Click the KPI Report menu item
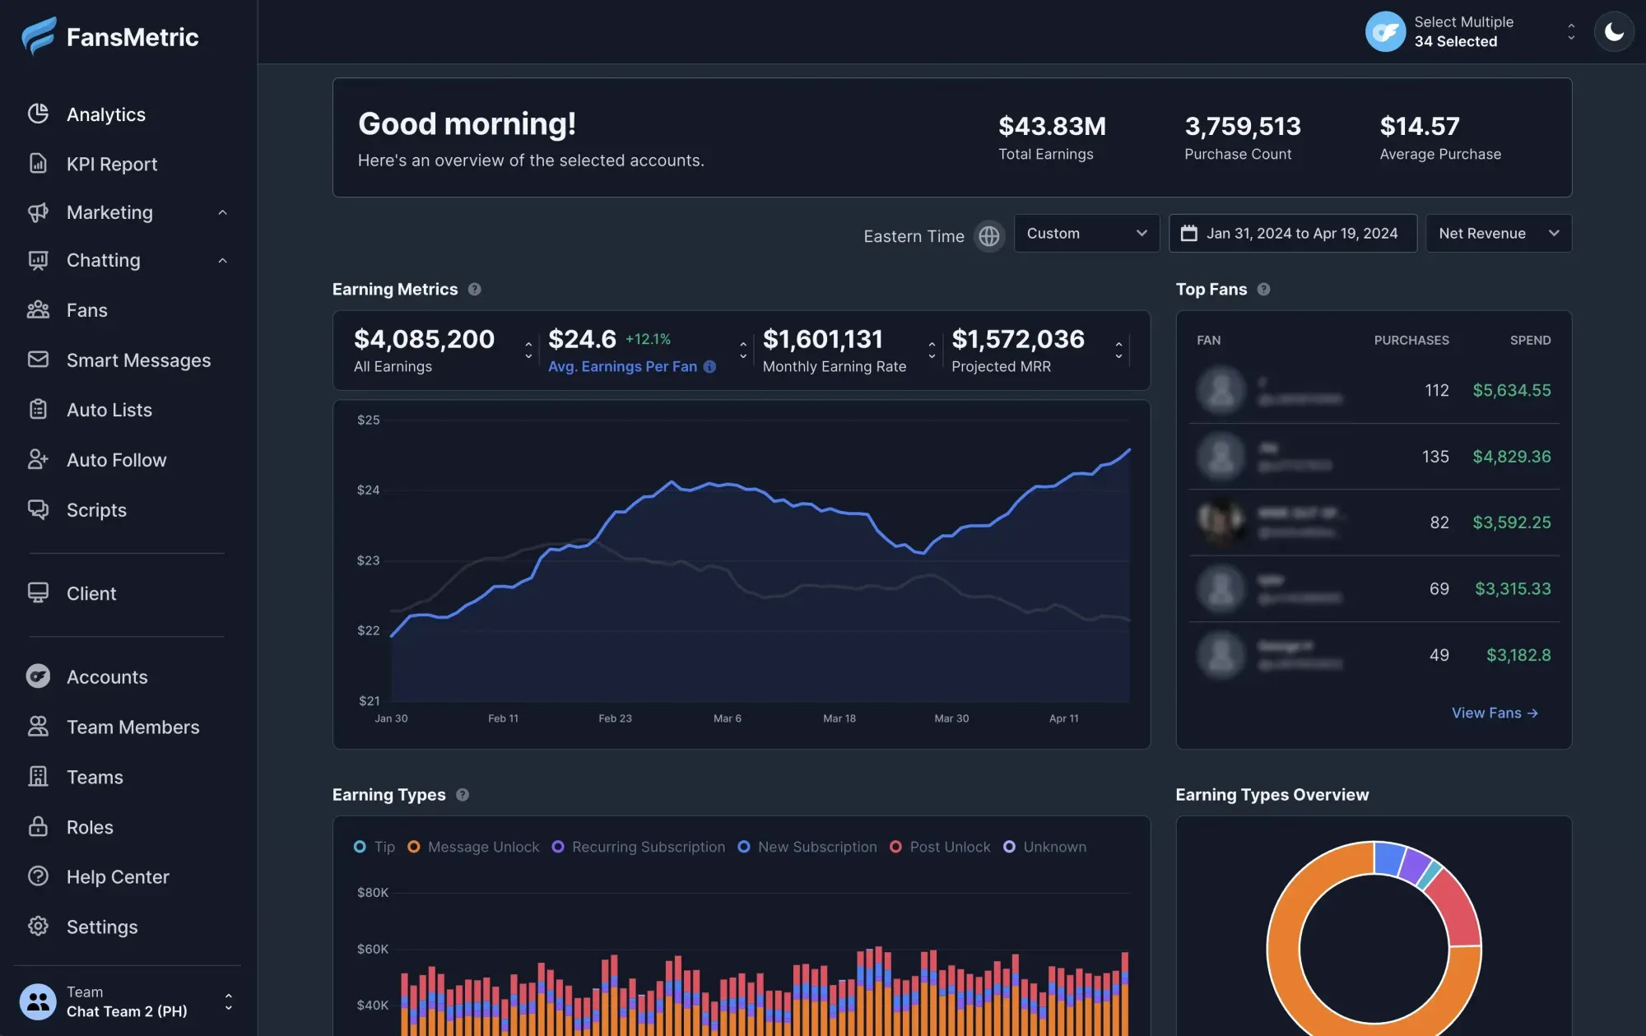pos(111,164)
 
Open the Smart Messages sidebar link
pos(138,360)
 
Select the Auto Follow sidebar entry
pos(116,460)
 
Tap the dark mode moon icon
pos(1614,32)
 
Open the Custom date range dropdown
pos(1086,234)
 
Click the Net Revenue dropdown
pos(1498,234)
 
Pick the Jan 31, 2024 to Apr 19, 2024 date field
pos(1293,234)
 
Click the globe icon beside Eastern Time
pos(989,236)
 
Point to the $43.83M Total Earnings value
pos(1052,127)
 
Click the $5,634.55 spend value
pos(1511,390)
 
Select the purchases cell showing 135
pos(1435,457)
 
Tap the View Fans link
pos(1494,713)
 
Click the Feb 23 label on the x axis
pos(615,718)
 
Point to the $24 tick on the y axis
pos(368,490)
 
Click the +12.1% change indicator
pos(648,339)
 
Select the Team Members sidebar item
pos(133,727)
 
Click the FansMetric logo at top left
pos(110,37)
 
